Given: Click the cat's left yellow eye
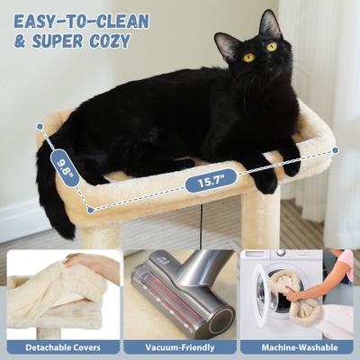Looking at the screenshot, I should point(249,57).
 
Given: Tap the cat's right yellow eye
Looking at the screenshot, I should point(271,47).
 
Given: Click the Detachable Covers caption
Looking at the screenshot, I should point(62,346).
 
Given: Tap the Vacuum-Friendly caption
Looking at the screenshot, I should point(179,346).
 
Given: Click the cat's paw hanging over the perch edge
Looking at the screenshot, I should point(265,184).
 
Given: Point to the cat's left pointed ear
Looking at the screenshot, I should point(221,41).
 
